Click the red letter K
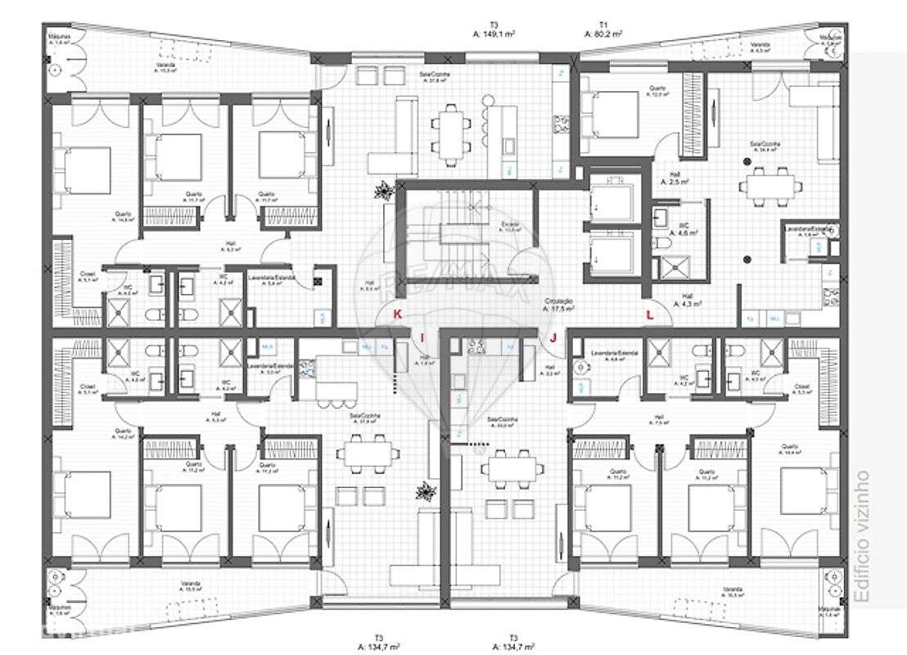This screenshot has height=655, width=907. pos(397,314)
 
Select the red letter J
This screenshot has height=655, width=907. pos(553,337)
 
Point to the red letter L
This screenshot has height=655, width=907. pos(650,314)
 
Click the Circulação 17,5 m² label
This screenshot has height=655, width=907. pos(560,305)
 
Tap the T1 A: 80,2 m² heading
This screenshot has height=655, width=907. pos(603,29)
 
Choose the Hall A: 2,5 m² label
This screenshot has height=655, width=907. pos(674,180)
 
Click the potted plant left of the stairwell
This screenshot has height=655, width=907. pos(381,192)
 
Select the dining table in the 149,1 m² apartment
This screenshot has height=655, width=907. pos(452,128)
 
